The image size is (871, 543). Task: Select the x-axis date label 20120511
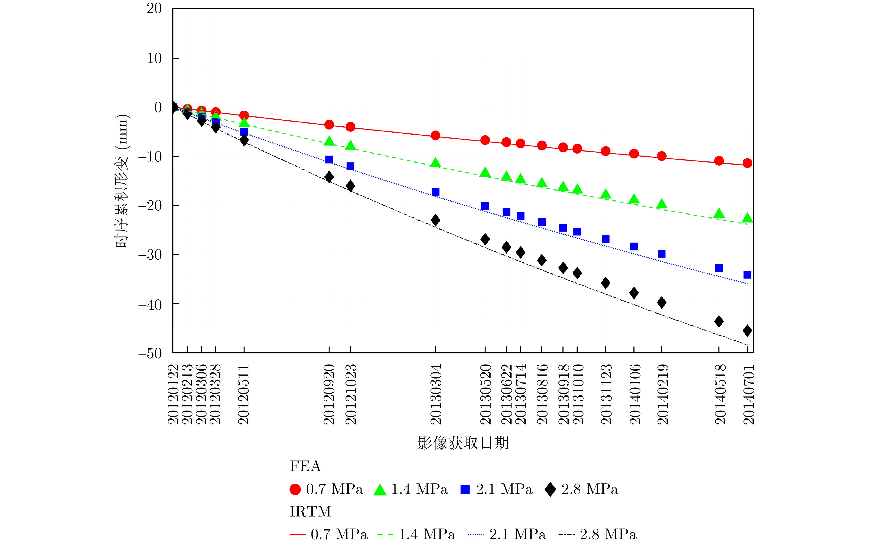(244, 394)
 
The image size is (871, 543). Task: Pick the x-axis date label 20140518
(719, 394)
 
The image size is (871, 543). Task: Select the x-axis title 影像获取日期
(463, 443)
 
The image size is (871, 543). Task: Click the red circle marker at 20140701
(747, 163)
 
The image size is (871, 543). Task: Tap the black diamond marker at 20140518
(719, 321)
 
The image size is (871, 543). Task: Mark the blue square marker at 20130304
(435, 192)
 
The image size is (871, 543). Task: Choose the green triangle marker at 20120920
(329, 141)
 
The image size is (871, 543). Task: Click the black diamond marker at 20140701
(747, 330)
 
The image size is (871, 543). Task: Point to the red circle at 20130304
(435, 135)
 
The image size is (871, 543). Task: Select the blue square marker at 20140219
(662, 254)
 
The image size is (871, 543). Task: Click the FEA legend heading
(305, 466)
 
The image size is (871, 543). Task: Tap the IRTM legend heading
(310, 511)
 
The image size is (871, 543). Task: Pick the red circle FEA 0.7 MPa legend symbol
(295, 490)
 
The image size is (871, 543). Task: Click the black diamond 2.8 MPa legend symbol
(550, 490)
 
